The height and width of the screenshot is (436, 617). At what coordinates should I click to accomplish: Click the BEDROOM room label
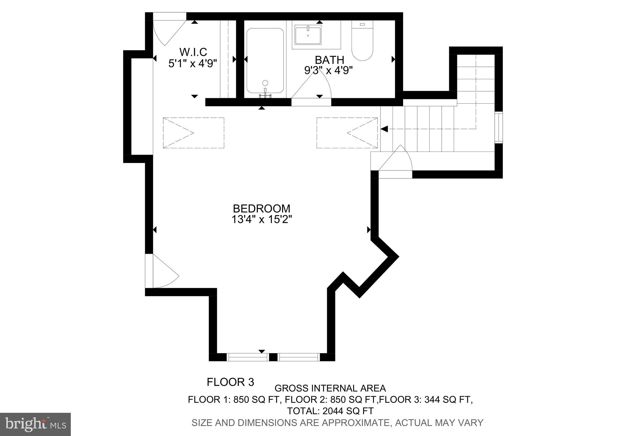click(262, 209)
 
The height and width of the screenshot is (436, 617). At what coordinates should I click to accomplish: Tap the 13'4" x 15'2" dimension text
click(262, 219)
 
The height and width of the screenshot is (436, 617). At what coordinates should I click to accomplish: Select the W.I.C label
click(193, 52)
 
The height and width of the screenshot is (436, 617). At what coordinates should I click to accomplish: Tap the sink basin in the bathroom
click(308, 35)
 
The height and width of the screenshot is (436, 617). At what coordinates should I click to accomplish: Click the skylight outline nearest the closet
click(193, 133)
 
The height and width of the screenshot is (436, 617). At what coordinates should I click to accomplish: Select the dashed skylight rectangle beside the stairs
click(347, 133)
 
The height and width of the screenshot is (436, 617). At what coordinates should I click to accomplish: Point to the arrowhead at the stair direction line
click(384, 129)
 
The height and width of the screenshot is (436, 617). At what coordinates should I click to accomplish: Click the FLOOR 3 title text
click(230, 382)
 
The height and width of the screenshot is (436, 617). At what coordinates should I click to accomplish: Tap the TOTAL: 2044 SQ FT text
click(330, 411)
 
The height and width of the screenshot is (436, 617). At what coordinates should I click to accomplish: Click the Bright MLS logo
click(35, 424)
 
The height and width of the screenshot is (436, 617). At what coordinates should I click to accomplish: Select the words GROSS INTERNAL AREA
click(330, 388)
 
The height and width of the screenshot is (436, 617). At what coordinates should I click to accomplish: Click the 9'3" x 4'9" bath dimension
click(328, 70)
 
